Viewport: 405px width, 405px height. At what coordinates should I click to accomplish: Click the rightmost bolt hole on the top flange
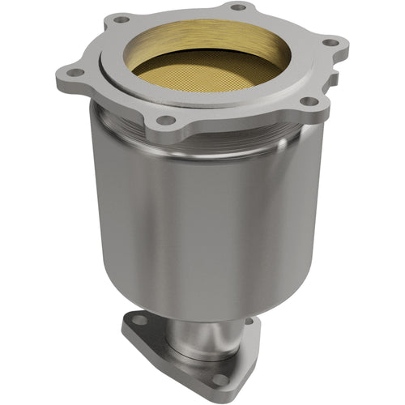pos(329,42)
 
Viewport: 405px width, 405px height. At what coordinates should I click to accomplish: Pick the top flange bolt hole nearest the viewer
pos(165,120)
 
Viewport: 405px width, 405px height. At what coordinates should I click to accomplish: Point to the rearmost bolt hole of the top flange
pos(238,7)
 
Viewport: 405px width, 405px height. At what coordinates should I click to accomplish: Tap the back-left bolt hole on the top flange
pos(121,19)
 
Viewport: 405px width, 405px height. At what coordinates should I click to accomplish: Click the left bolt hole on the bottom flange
pos(140,320)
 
